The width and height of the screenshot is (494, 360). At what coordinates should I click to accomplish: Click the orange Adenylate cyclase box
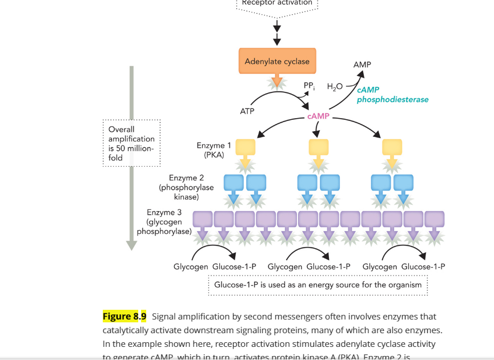coord(277,61)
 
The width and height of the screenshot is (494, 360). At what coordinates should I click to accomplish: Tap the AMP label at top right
coord(362,65)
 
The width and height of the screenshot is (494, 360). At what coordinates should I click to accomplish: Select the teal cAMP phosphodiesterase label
coord(392,95)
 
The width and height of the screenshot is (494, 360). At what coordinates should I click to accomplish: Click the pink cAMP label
coord(318,116)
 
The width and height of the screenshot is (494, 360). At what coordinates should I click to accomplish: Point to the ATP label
coord(247,111)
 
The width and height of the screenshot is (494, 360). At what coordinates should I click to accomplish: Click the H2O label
coord(335,87)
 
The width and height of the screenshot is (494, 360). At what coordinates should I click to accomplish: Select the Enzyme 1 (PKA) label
coord(214,150)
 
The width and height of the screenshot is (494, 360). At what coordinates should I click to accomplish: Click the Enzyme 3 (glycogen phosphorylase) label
coord(164,222)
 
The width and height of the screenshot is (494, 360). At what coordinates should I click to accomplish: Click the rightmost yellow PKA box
coord(392,147)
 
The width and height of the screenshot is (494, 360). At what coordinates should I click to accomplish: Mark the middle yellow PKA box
coord(319,147)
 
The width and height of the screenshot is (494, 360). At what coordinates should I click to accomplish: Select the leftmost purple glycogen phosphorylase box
coord(203,219)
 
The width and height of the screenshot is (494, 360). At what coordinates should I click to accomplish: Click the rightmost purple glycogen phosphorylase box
coord(435,219)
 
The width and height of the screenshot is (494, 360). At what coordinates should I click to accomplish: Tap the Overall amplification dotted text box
coord(131,143)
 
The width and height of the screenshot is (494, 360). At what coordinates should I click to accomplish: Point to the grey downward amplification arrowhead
coord(131,245)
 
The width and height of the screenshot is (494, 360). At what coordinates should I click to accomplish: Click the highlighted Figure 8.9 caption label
coord(124,316)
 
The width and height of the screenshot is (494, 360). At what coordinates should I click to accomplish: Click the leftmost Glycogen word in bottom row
coord(191,266)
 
